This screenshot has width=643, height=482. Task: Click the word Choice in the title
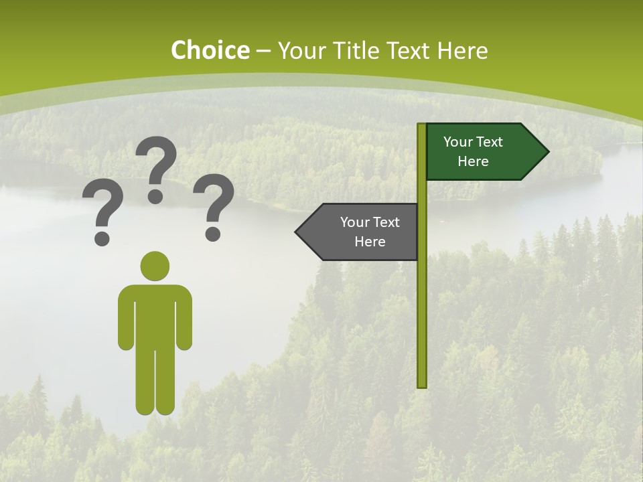(x=210, y=50)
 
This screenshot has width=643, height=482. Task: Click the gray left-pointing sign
(x=362, y=232)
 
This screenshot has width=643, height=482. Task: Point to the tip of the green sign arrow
(x=547, y=152)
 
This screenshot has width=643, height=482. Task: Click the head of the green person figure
(x=155, y=266)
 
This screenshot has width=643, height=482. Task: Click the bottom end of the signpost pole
(x=422, y=385)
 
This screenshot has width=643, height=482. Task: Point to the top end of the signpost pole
(x=422, y=126)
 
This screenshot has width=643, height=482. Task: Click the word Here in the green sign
(x=473, y=161)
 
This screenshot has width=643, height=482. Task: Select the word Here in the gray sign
(x=370, y=242)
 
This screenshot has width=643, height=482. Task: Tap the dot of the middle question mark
(x=155, y=196)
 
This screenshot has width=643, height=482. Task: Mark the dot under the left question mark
(x=102, y=238)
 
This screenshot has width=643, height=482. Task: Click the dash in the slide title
(x=263, y=50)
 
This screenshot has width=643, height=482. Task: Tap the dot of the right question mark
(x=213, y=234)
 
